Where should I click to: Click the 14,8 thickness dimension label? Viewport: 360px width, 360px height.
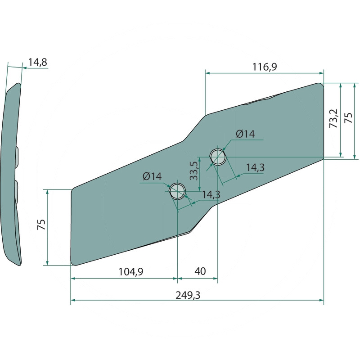click(x=37, y=62)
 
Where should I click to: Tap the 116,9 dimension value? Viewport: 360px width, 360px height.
click(x=265, y=67)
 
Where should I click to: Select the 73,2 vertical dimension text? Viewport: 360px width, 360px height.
click(x=333, y=118)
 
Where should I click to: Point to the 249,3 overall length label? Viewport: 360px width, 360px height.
click(x=188, y=295)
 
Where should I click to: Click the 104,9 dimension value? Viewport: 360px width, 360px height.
click(x=130, y=272)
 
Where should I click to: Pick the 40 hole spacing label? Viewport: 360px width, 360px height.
click(x=200, y=271)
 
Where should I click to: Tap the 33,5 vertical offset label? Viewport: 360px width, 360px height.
click(x=194, y=171)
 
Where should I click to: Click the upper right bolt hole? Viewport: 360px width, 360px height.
click(x=218, y=157)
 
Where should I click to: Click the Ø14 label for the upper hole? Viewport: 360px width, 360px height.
click(x=245, y=134)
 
